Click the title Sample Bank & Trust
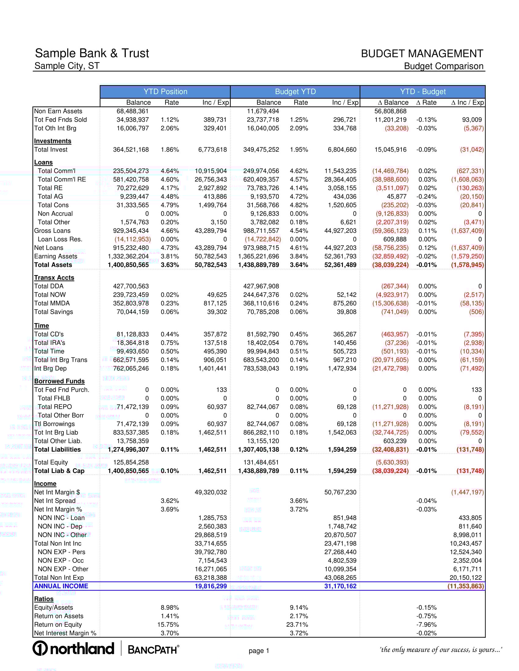pos(92,53)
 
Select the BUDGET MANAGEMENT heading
pos(422,54)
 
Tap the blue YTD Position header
pos(165,91)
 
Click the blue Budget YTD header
pos(295,91)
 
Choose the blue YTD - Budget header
pos(423,91)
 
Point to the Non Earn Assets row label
pos(58,111)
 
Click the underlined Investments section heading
pos(53,141)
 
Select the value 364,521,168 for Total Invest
pos(131,150)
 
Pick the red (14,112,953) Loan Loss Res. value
pos(132,239)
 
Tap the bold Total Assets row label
pos(53,265)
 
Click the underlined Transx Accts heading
pos(54,278)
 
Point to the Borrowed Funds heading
pos(59,381)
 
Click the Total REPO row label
pos(55,407)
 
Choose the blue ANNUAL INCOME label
pos(61,586)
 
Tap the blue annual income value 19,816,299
pos(211,586)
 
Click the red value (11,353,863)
pos(466,586)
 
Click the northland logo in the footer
pos(74,648)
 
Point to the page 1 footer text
pos(259,651)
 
